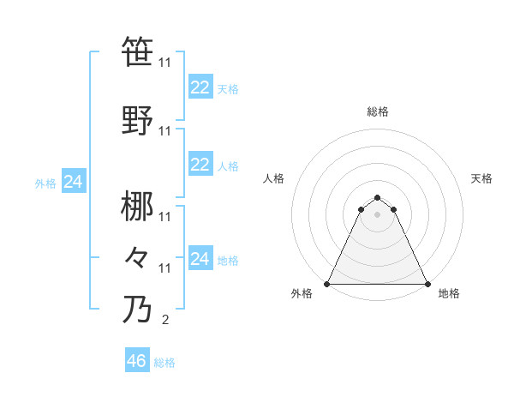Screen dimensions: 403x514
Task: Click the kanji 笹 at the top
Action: (137, 51)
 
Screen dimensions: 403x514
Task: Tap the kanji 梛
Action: (137, 206)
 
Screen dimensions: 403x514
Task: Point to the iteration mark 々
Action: (137, 256)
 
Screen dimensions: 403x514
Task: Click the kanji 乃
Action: (137, 308)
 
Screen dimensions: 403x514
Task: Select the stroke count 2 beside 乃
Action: (164, 321)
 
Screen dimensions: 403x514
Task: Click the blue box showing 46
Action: (137, 361)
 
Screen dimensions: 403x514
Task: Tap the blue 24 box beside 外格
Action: (74, 182)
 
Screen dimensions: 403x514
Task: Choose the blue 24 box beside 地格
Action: (200, 258)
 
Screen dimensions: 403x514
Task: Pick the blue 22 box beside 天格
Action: (200, 87)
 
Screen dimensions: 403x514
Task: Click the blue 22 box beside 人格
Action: (200, 165)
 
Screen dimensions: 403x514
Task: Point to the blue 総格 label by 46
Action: (164, 363)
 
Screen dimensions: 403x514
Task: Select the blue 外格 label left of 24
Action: (45, 183)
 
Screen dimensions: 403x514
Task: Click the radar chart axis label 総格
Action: (378, 111)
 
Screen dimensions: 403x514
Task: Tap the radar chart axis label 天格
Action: (482, 178)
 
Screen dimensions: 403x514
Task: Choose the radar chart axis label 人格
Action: (274, 178)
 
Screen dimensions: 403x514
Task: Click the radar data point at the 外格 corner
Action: (327, 283)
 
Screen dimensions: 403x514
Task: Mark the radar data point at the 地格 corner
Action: (427, 283)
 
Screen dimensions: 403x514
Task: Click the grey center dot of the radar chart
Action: (378, 214)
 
